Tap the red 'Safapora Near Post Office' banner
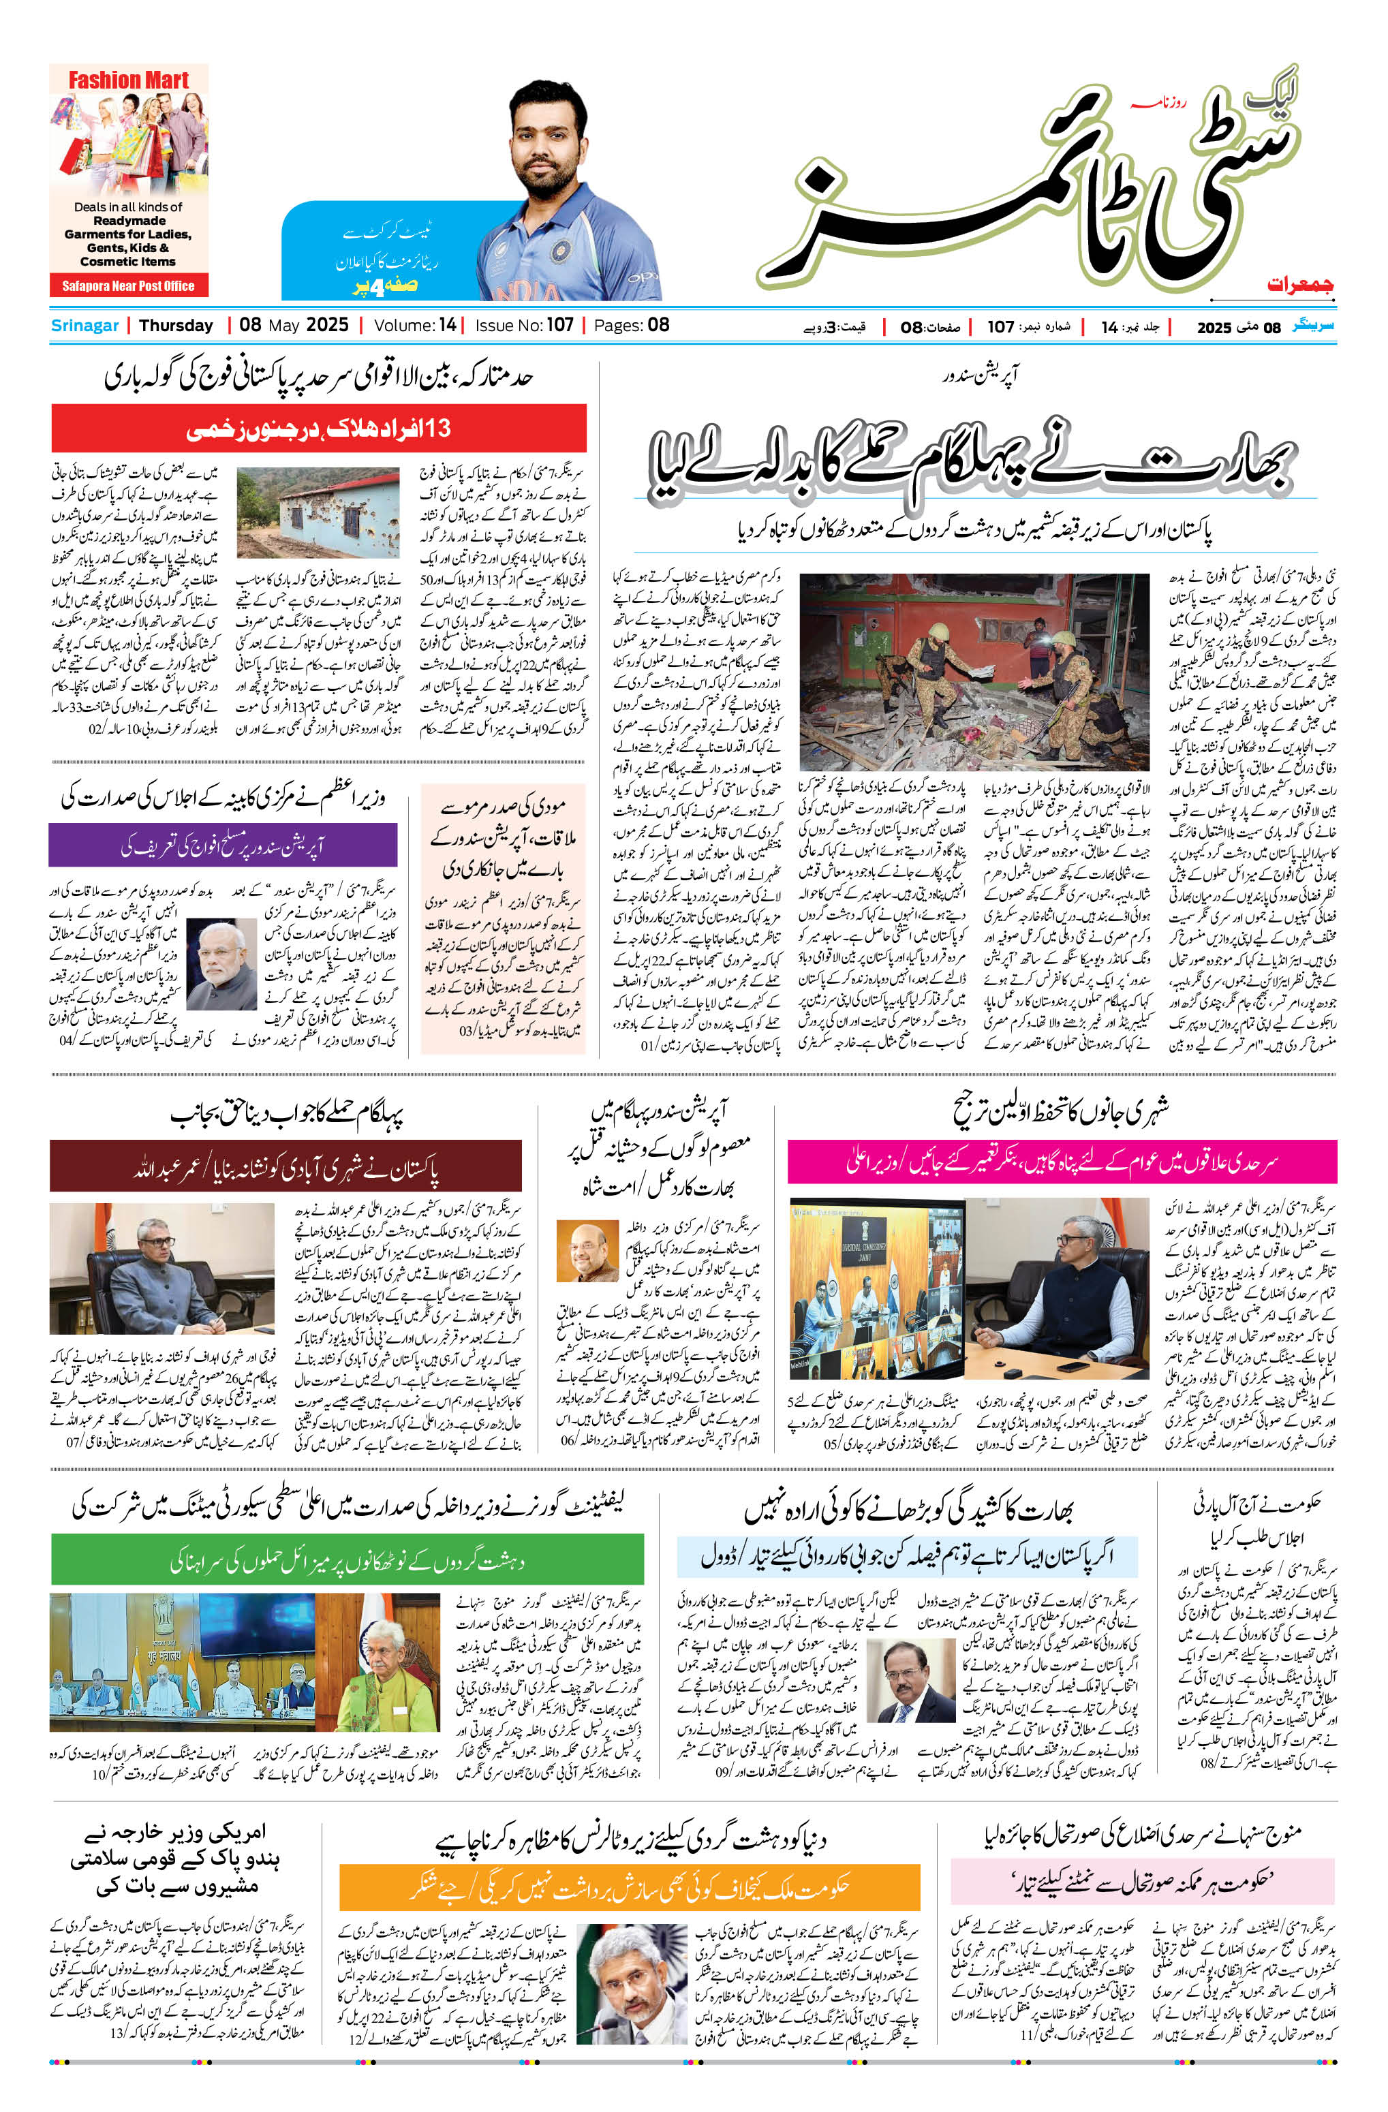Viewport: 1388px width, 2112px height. click(129, 285)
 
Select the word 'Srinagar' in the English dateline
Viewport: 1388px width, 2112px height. click(84, 326)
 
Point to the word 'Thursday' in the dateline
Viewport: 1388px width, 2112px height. click(176, 326)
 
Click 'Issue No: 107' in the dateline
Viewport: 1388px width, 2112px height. click(523, 326)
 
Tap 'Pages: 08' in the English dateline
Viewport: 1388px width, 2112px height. click(631, 326)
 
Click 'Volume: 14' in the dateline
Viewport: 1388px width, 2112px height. click(414, 326)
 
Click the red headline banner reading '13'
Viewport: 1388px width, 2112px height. click(319, 429)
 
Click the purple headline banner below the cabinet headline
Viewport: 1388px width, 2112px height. click(223, 845)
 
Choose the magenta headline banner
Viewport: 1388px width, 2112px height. click(1062, 1162)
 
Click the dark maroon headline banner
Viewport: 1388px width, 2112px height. click(286, 1166)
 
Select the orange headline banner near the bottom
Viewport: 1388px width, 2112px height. click(629, 1886)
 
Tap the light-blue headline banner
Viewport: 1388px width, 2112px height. click(906, 1555)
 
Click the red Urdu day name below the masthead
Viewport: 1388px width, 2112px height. click(1300, 285)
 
